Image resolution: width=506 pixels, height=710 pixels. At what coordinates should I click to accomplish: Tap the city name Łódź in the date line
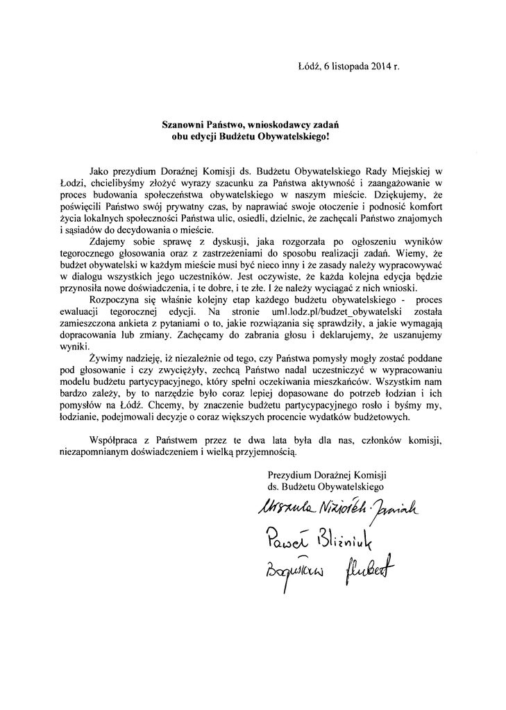[307, 68]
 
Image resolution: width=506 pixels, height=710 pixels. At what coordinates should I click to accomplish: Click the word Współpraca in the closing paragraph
[115, 442]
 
